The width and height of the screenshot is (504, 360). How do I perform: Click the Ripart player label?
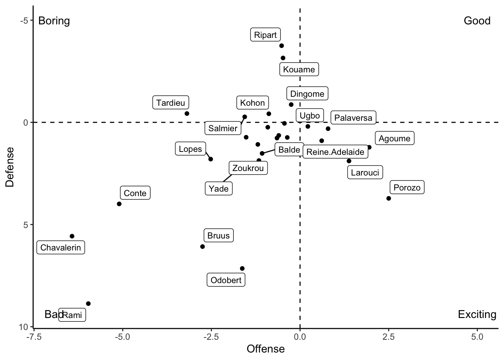(265, 35)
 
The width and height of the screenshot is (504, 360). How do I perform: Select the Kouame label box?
(299, 69)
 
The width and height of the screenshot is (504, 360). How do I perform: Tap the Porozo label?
(407, 187)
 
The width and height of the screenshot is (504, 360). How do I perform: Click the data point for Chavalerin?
(72, 236)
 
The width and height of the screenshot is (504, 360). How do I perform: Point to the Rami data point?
(88, 304)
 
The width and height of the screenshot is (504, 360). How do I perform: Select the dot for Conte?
(119, 204)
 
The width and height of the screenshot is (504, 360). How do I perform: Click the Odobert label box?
(226, 280)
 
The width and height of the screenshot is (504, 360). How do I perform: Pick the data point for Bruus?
(202, 247)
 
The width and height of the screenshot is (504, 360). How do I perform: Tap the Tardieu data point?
(187, 114)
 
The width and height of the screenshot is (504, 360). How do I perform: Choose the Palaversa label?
(353, 118)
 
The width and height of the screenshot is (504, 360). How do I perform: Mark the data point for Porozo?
(388, 198)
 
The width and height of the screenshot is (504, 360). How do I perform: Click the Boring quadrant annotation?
(54, 21)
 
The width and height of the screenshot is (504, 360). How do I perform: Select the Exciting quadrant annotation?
(477, 314)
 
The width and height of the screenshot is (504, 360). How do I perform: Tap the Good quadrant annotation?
(477, 21)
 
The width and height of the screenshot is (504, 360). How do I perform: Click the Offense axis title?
(265, 349)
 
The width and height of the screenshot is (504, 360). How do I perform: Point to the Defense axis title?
(10, 166)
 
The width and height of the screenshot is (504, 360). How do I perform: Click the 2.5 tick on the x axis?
(388, 336)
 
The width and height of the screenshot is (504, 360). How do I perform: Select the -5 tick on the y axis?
(24, 20)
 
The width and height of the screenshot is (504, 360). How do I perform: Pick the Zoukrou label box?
(248, 168)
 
